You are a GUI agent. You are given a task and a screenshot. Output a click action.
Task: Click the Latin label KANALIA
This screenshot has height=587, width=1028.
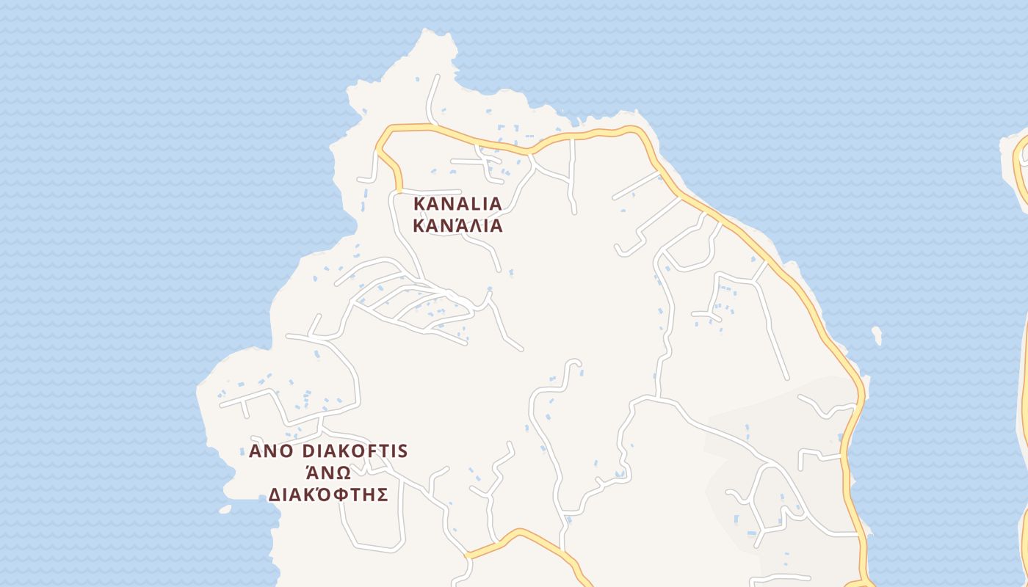tap(457, 203)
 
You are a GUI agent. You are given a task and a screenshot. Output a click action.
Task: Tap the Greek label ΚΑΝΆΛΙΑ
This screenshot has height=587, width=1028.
tap(457, 225)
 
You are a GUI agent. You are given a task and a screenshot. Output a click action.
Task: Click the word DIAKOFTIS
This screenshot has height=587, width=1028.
tap(355, 451)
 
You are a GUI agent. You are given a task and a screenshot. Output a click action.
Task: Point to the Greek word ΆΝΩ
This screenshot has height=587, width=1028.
tap(328, 472)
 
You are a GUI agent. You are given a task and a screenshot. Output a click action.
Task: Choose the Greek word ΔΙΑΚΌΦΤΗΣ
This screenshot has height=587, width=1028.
tap(327, 494)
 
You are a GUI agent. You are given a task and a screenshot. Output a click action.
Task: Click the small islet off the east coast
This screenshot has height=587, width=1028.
tap(876, 335)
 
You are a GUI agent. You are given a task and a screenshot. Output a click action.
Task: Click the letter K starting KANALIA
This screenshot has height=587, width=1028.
tap(420, 203)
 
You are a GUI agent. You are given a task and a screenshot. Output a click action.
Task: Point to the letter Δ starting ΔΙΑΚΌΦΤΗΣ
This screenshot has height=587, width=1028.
tap(275, 494)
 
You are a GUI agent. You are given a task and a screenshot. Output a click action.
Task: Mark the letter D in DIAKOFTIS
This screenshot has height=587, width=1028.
tap(308, 451)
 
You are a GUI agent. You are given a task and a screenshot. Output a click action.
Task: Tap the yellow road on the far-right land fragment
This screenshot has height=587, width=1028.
tap(1019, 169)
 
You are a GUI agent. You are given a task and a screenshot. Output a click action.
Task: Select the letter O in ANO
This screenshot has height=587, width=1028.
tap(286, 451)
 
